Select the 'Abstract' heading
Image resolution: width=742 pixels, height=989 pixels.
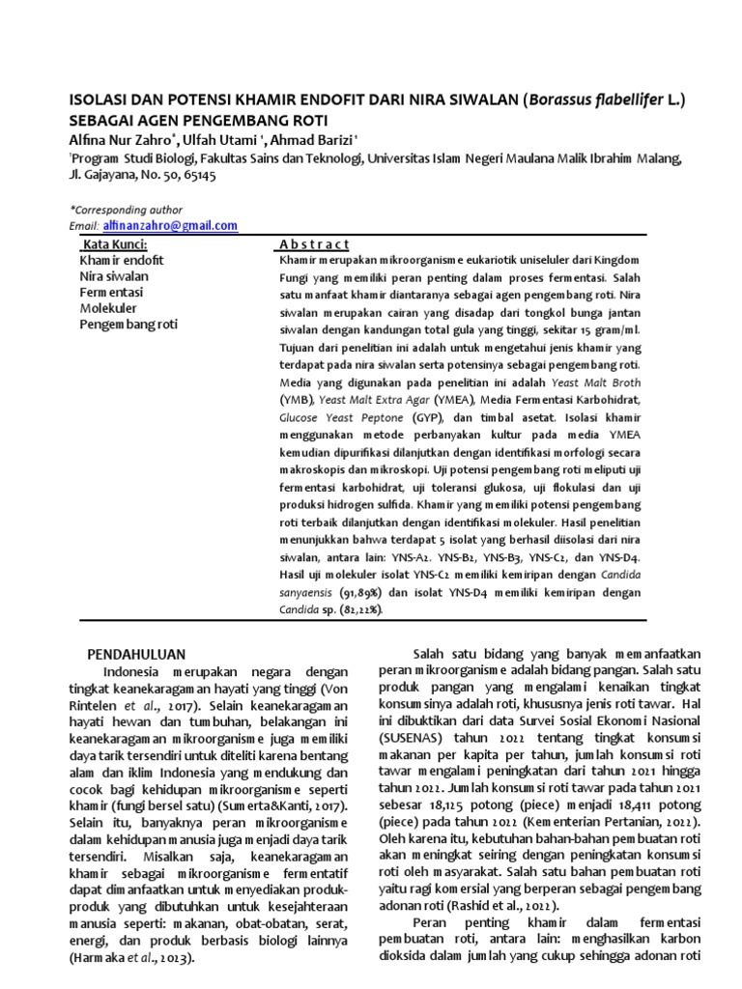314,244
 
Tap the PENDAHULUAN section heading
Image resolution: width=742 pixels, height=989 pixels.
144,654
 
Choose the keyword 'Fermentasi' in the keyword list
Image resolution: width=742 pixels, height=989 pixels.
110,292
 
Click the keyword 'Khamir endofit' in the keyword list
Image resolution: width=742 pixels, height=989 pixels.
121,261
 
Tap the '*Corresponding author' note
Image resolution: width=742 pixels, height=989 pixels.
126,210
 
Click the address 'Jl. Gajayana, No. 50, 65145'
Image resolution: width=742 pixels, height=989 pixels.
142,176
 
